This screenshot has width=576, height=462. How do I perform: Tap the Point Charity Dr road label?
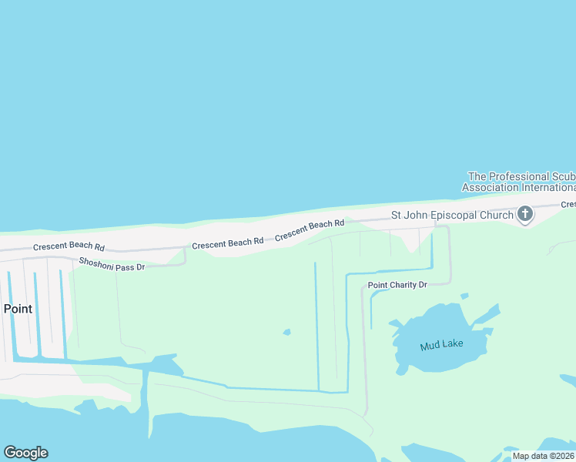pos(397,285)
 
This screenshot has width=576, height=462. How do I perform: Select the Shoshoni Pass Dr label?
pos(112,264)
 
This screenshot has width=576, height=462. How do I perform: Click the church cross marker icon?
pos(525,213)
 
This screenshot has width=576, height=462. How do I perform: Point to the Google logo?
pos(25,453)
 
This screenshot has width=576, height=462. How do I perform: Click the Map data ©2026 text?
pos(544,456)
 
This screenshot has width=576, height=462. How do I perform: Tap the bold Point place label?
pos(18,309)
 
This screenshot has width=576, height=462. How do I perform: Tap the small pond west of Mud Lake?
pos(286,333)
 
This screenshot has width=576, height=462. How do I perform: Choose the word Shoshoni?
pos(96,262)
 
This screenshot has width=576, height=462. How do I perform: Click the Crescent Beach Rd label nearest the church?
pos(310,229)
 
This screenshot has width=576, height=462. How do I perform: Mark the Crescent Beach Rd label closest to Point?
pos(69,247)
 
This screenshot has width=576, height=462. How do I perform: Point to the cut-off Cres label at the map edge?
pos(568,204)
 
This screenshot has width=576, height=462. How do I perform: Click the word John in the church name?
pos(417,216)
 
